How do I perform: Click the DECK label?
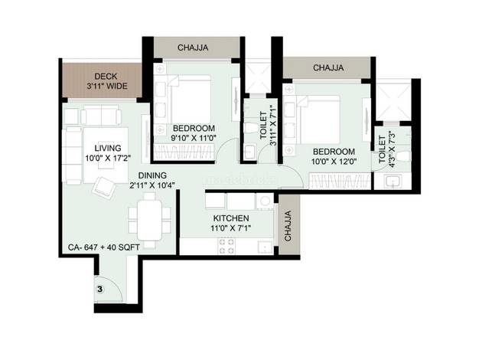106,77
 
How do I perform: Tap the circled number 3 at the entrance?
100,289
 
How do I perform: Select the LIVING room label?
108,148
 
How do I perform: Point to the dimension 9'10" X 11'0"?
194,138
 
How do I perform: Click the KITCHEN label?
231,218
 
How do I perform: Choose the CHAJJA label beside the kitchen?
288,226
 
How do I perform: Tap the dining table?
149,221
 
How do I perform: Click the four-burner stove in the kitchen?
226,246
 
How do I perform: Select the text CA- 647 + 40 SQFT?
104,247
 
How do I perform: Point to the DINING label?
152,175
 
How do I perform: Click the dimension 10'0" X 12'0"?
334,162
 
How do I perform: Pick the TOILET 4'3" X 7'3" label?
386,150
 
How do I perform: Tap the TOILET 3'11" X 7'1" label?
268,126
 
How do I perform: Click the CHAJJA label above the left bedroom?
193,47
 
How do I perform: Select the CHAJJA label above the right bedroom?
328,67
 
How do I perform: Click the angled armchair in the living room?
104,188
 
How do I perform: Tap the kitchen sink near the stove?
266,247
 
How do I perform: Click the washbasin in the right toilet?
393,182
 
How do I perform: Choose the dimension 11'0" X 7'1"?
231,228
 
